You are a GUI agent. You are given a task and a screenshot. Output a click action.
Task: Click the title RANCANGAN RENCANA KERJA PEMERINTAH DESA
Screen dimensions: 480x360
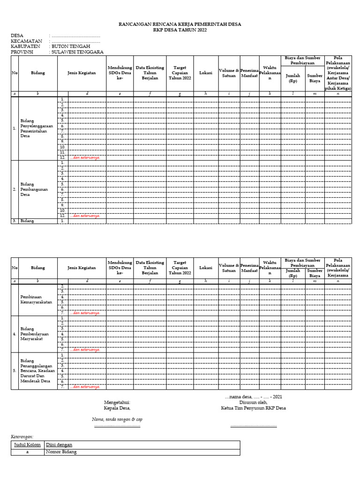pos(180,24)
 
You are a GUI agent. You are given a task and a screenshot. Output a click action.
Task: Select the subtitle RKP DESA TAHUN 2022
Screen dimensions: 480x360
pos(180,30)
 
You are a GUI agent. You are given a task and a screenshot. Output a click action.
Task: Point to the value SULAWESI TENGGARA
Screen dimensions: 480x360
pos(77,52)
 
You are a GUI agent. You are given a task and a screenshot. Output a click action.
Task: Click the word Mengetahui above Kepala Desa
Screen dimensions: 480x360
pos(117,402)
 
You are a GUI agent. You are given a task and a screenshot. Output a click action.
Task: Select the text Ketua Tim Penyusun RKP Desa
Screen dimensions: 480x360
pos(253,408)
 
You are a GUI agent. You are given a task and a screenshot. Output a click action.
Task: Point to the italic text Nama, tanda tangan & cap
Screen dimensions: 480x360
pos(117,419)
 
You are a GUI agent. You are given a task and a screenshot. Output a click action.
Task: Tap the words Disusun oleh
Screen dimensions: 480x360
pos(253,402)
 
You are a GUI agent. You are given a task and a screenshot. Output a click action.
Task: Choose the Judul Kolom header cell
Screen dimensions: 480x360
pos(27,445)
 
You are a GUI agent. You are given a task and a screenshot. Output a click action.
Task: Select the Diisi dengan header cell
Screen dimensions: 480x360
pos(59,445)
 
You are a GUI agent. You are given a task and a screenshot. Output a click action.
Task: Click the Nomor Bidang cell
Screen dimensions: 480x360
pos(61,452)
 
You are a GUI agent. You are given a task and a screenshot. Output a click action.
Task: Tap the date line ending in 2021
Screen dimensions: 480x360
pos(253,397)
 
